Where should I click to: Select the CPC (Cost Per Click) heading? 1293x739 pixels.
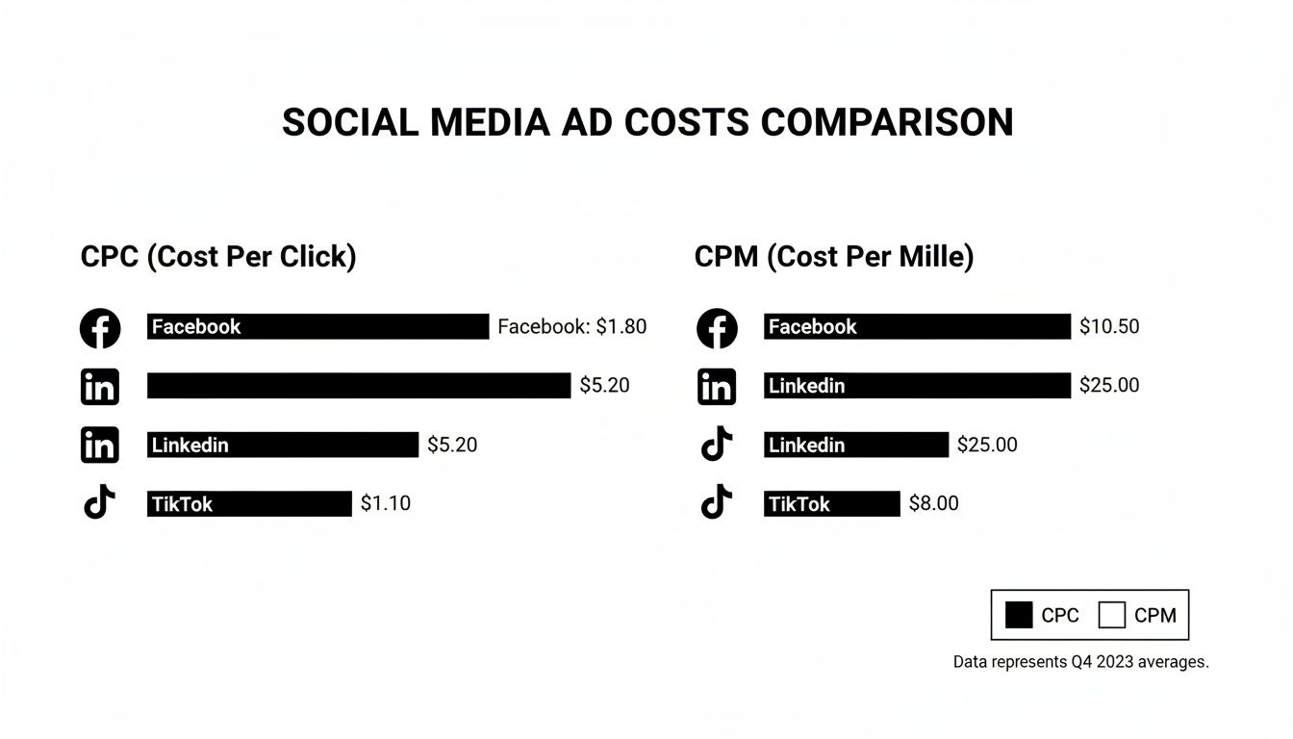pos(218,257)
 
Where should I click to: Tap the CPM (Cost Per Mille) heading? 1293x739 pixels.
pos(833,257)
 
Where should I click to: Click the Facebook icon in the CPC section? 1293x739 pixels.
pos(100,328)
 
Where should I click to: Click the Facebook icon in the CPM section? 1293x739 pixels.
pos(717,328)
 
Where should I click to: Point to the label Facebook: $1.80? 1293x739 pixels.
pos(571,327)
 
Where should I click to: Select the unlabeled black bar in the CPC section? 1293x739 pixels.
pos(358,386)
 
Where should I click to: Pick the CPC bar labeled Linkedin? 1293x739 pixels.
pos(283,445)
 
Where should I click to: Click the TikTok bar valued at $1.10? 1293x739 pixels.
pos(249,503)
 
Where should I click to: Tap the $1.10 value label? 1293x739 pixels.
pos(385,503)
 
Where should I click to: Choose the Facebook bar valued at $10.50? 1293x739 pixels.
pos(917,327)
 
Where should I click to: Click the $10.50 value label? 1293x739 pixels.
pos(1108,327)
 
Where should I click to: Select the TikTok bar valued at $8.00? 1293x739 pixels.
pos(831,503)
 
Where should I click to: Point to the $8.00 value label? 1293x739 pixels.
pos(933,503)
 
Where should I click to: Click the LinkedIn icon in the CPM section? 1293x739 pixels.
pos(717,387)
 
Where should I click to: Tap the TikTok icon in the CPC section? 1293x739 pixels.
pos(100,502)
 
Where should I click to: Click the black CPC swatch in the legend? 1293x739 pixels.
pos(1019,615)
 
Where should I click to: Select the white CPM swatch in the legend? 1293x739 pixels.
pos(1111,615)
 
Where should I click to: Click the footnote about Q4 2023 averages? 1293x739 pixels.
pos(1080,663)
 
